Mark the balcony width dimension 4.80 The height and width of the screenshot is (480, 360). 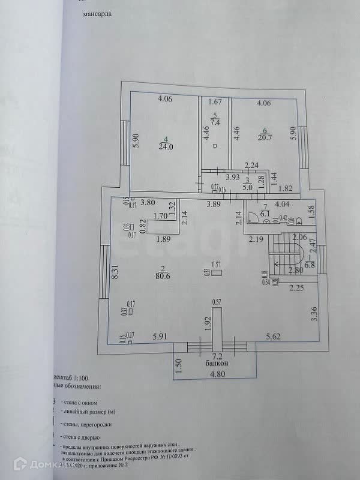coord(217,378)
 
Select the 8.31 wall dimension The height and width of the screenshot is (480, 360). coord(114,276)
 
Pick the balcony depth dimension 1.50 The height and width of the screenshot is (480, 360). coord(179,365)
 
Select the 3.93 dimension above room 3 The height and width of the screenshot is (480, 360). coord(233,178)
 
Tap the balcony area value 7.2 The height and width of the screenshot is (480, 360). coord(216,356)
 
